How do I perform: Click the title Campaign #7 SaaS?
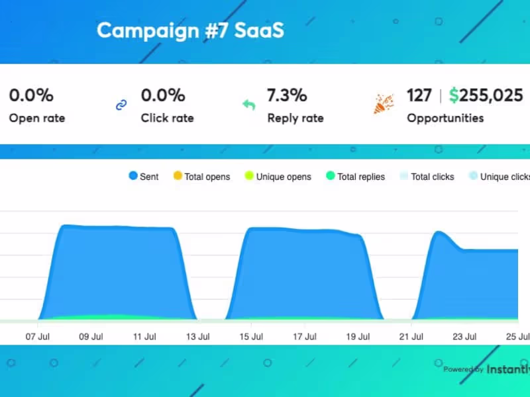coord(190,30)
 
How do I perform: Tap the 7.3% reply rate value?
coord(287,95)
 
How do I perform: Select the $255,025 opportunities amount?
coord(486,95)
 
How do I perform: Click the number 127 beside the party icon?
coord(419,95)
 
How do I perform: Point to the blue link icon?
coord(121,105)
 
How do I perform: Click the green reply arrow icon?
coord(248,105)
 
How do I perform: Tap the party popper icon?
coord(384,103)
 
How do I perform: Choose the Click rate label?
coord(167,118)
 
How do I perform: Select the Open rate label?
coord(37,118)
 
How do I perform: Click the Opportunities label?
coord(445,118)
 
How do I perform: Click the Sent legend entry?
coord(144,177)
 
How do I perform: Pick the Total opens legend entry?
coord(201,177)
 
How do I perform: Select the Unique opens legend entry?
coord(278,177)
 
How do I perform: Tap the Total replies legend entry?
coord(356,177)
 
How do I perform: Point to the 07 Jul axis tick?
coord(38,336)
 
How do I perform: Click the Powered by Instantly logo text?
coord(486,369)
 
